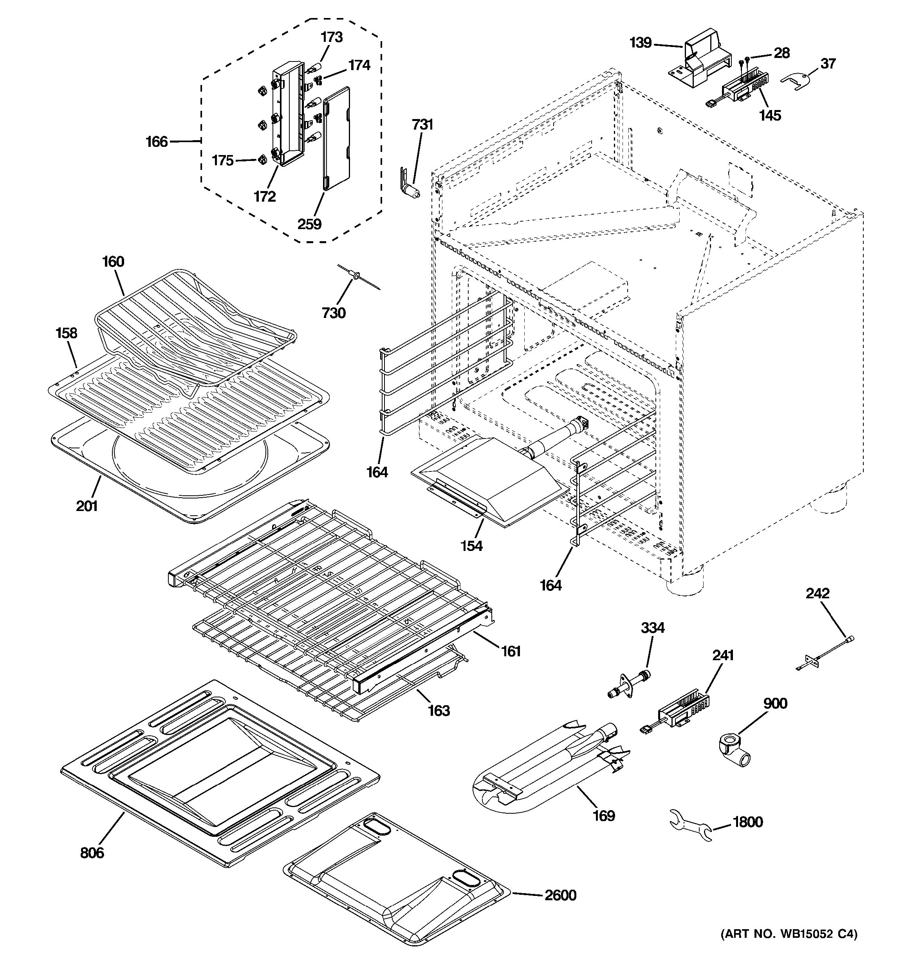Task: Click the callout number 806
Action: point(92,852)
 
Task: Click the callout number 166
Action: point(157,142)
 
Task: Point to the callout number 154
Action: point(472,546)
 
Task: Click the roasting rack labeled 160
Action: point(194,321)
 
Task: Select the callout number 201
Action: point(87,506)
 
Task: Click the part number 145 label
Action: point(771,115)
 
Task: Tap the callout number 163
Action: point(439,710)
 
